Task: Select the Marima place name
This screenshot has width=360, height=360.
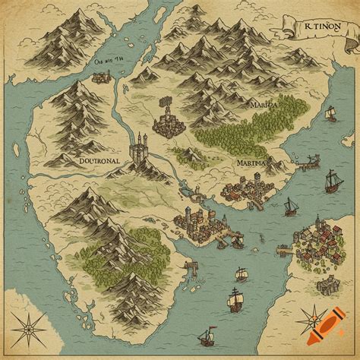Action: coord(251,162)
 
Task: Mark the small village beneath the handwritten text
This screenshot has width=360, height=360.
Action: coord(102,76)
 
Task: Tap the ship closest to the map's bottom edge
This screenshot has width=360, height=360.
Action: coord(206,336)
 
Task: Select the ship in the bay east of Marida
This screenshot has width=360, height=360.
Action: coord(330,113)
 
